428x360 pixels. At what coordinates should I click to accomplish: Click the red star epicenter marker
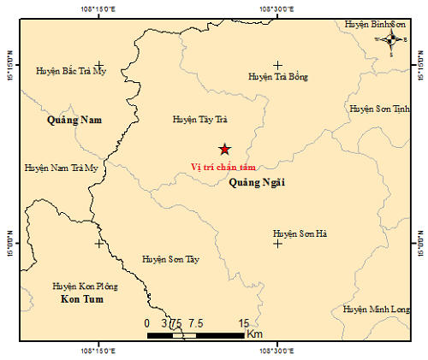tap(223, 149)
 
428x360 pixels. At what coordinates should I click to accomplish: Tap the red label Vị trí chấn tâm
tap(223, 167)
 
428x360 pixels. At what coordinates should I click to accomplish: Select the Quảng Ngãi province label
tap(257, 181)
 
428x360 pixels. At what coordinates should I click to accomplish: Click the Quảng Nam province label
tap(74, 121)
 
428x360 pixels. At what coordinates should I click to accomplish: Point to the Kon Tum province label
tap(82, 300)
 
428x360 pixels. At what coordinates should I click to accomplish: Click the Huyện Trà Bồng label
tap(277, 77)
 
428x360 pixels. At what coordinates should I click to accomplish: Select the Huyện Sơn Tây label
tap(170, 257)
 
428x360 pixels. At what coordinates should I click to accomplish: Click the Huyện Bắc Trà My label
tap(71, 72)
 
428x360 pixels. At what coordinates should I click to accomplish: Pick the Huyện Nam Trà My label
tap(62, 168)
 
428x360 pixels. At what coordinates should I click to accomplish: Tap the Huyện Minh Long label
tap(377, 309)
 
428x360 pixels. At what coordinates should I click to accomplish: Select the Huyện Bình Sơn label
tap(373, 24)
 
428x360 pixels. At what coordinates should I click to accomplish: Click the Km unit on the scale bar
tap(254, 334)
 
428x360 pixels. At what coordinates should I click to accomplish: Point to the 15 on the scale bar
tap(244, 323)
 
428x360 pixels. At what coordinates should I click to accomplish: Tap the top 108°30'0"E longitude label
tap(277, 9)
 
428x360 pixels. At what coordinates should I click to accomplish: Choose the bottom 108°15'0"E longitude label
tap(99, 350)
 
